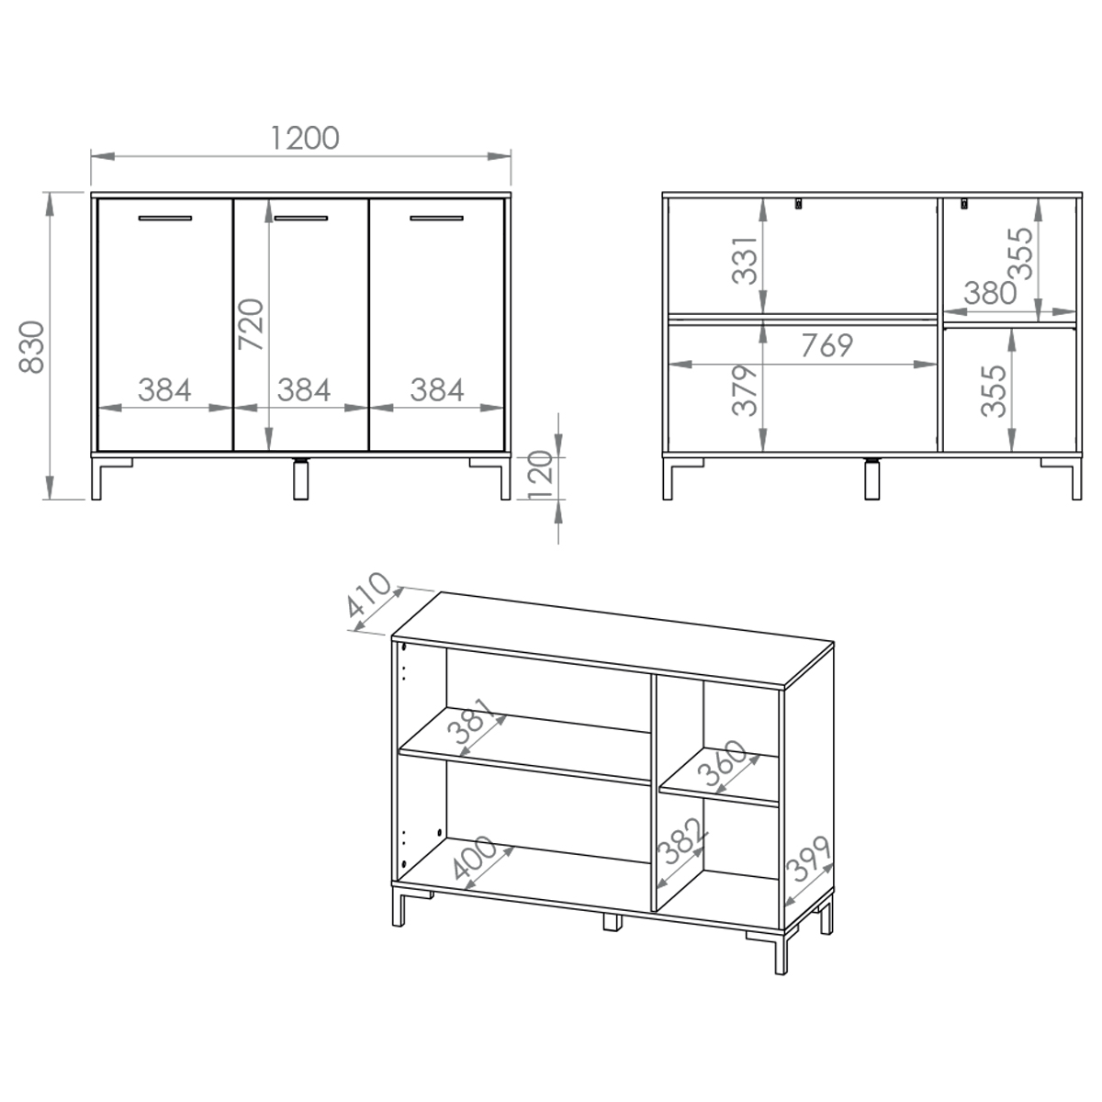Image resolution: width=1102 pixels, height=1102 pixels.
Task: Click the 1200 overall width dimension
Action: coord(304,139)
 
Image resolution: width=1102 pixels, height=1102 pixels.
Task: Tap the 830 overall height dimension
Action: coord(31,346)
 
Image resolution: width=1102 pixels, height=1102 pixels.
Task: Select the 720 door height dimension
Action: coord(251,323)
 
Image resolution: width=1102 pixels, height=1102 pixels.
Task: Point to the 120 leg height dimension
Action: coord(540,475)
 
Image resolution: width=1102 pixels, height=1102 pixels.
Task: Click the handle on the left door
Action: coord(165,218)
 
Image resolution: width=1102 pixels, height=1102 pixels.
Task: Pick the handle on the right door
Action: coord(436,218)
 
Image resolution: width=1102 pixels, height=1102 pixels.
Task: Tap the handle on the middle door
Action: coord(301,218)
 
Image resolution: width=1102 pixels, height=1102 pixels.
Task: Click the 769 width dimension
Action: coord(826,345)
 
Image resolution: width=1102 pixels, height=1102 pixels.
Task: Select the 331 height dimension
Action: coord(745,260)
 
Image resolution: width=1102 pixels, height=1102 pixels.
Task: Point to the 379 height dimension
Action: coord(745,390)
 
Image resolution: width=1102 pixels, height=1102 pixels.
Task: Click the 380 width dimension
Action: coord(990,293)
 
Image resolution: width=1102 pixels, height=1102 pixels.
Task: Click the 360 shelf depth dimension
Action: coord(723,763)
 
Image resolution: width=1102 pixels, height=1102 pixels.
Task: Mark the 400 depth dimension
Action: coord(474,858)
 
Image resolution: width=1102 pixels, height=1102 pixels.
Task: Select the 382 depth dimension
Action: coord(682,841)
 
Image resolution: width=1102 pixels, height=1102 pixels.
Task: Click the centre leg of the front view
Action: coord(300,479)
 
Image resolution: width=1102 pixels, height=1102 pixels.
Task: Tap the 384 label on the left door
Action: coord(164,390)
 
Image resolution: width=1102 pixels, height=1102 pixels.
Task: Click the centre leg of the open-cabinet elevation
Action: coord(871,479)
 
